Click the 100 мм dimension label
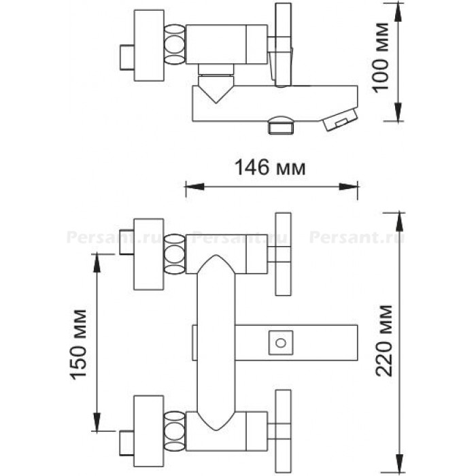380,57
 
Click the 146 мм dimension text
270,167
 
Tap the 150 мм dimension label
79,345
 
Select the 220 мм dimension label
384,341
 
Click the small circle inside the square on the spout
280,343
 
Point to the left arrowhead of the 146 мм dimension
194,186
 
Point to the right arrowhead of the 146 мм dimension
348,186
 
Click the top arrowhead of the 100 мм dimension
398,12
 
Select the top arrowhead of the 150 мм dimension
97,263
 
